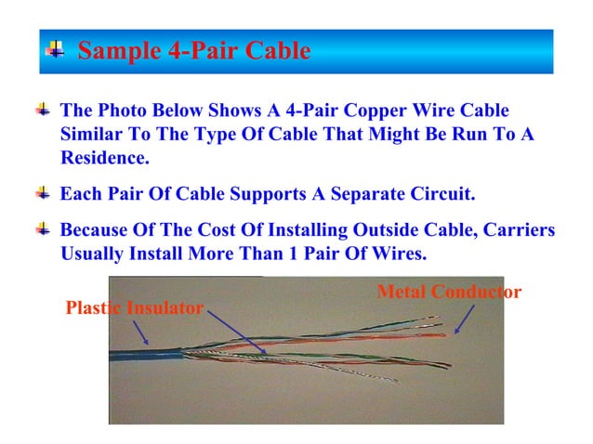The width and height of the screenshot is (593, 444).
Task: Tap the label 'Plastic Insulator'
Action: (x=134, y=308)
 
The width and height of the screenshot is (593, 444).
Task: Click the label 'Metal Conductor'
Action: (x=449, y=293)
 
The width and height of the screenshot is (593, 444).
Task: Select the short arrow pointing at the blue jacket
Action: (x=139, y=331)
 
